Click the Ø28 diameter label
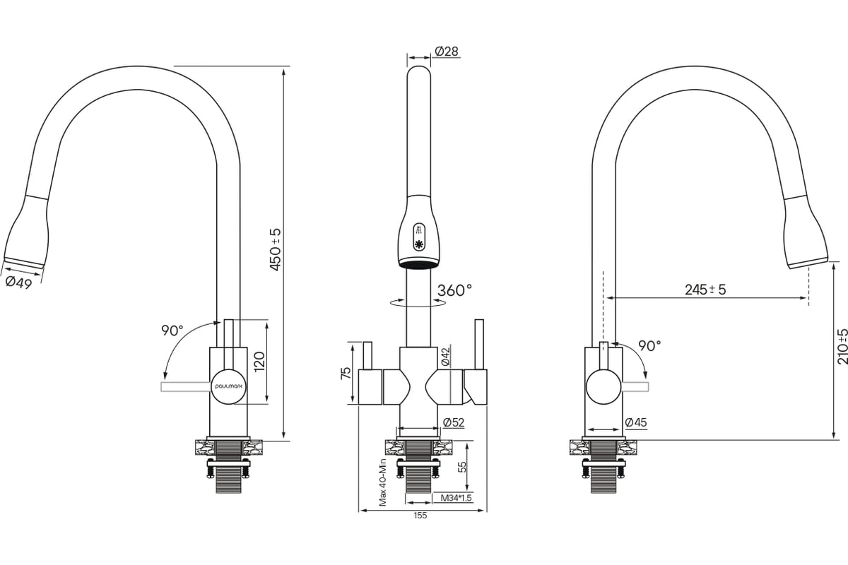coord(447,52)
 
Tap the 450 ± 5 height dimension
coord(276,250)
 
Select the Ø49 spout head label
coord(18,282)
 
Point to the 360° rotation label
coord(454,290)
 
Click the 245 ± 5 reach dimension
coord(705,290)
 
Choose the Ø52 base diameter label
coord(454,422)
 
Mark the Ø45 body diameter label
coord(636,422)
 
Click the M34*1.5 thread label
coord(457,498)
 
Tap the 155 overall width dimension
coord(420,516)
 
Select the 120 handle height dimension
coord(259,362)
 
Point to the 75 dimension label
coord(346,374)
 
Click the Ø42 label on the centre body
coord(445,357)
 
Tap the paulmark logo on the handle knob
coord(230,387)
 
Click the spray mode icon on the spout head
coord(419,230)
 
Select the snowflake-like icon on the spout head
coord(419,244)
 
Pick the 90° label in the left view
coord(172,331)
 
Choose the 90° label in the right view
coord(649,345)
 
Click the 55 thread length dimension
coord(462,467)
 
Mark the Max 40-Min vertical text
coord(383,482)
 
